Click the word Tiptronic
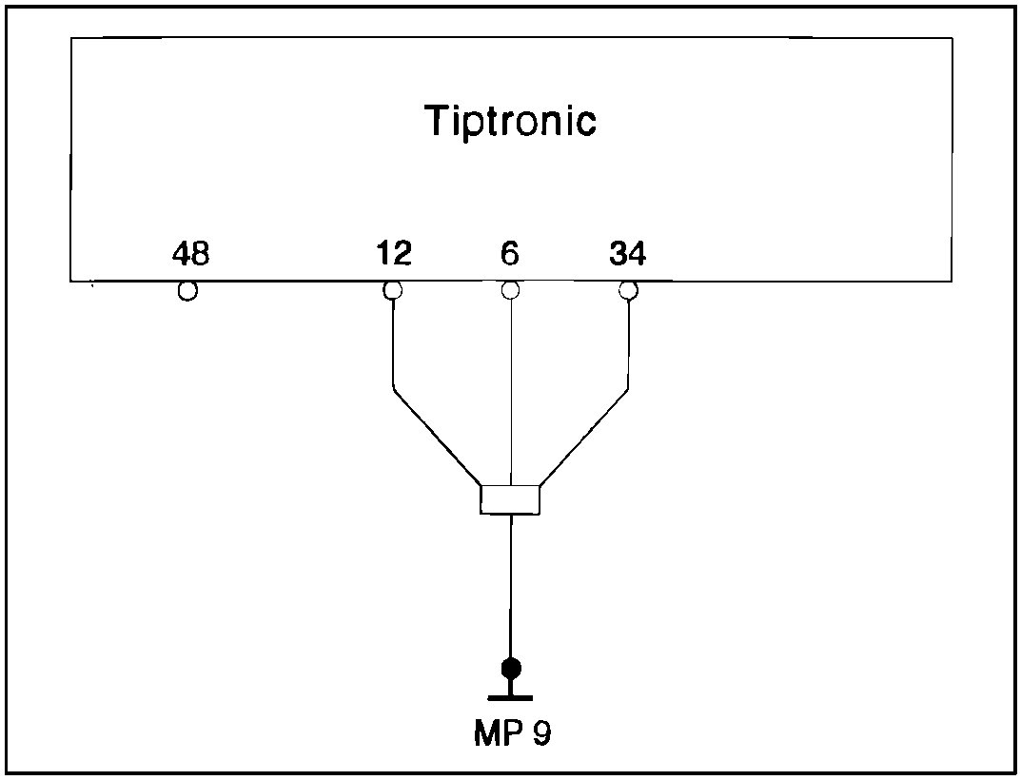click(510, 122)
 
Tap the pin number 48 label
click(190, 254)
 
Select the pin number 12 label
click(393, 254)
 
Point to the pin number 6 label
click(510, 254)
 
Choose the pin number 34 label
click(627, 254)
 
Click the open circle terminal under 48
click(187, 291)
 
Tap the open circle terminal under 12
click(392, 290)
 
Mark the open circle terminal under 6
click(511, 290)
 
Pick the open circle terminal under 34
click(627, 290)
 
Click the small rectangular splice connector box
click(510, 500)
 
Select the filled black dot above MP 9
click(511, 667)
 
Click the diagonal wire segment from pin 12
click(437, 437)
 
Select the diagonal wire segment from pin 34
click(584, 437)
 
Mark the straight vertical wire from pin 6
click(512, 390)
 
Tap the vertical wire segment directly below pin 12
click(393, 342)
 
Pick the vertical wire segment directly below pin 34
click(629, 342)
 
